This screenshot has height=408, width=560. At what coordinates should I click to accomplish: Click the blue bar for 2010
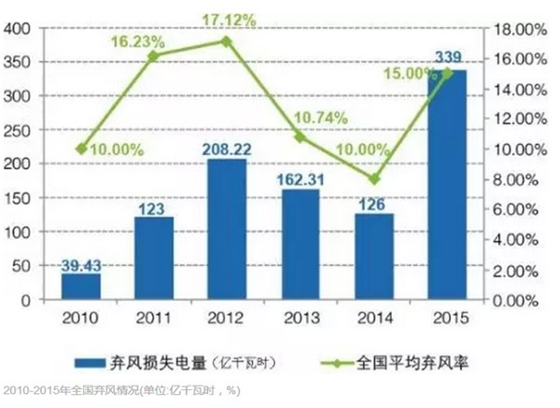click(81, 288)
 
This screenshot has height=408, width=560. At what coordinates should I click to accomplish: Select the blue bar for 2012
click(227, 230)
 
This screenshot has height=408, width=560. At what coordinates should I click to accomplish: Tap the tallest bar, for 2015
click(447, 186)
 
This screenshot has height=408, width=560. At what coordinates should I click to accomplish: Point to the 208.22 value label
click(227, 148)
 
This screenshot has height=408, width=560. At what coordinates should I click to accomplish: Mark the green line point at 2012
click(227, 41)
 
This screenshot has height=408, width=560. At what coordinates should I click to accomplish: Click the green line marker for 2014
click(373, 177)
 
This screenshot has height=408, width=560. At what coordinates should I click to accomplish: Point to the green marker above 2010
click(81, 148)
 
